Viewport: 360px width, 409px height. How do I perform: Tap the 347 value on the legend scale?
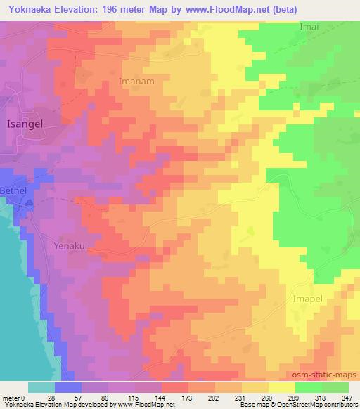347,397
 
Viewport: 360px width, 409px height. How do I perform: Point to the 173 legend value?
188,397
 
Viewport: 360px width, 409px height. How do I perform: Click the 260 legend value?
268,397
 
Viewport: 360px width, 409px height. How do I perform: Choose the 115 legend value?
134,397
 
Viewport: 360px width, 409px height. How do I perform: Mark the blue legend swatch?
68,387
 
